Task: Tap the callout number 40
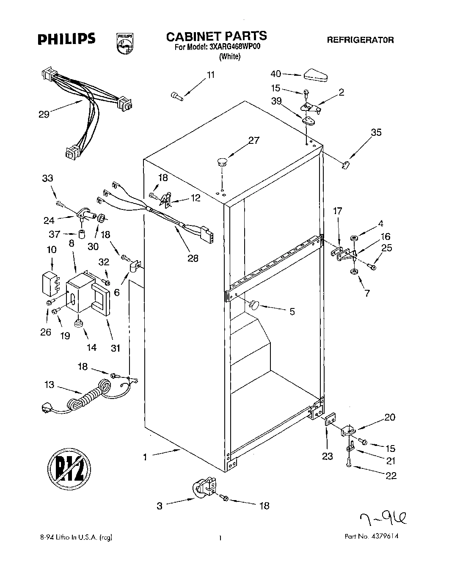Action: [x=275, y=74]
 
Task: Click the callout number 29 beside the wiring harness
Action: [x=44, y=114]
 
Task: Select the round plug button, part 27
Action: [x=222, y=161]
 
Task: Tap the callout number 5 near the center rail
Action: [x=292, y=312]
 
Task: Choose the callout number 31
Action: [x=116, y=348]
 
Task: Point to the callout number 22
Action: [x=391, y=476]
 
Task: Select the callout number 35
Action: [x=376, y=132]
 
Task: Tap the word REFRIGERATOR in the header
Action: [x=360, y=40]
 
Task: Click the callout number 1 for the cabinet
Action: [x=146, y=457]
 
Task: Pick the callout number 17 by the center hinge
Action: [x=338, y=211]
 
